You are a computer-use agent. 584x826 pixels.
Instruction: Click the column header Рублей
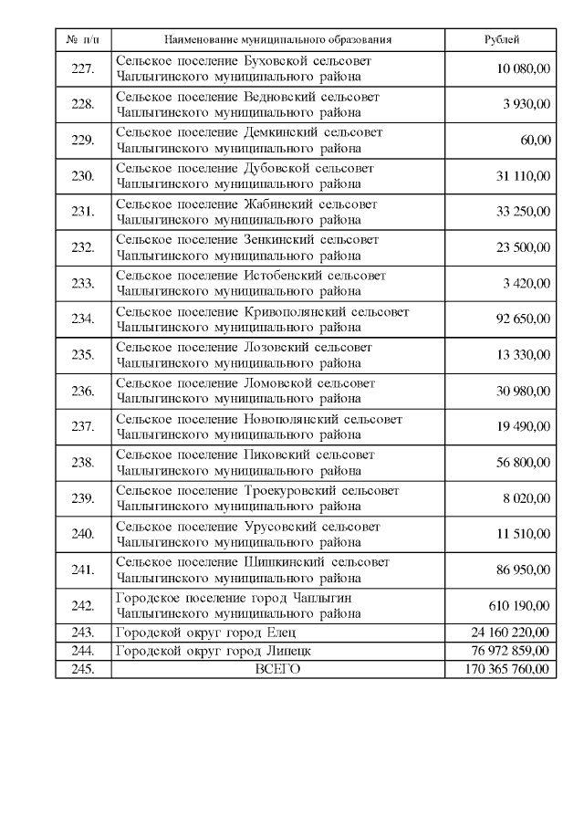(x=501, y=40)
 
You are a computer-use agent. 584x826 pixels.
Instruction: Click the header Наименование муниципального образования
(x=278, y=40)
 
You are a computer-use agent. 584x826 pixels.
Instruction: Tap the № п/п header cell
(x=83, y=40)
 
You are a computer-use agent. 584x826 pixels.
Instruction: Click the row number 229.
(x=83, y=141)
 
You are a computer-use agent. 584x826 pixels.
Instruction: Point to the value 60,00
(x=536, y=140)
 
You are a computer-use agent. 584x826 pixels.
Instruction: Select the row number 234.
(x=83, y=319)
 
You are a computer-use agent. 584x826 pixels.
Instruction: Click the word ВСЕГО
(x=278, y=669)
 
